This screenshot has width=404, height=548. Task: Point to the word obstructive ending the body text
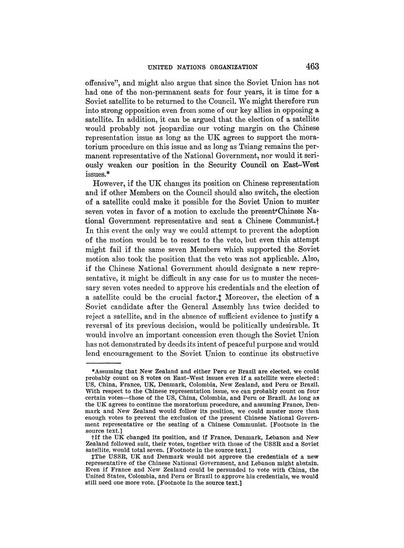[x=296, y=354]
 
